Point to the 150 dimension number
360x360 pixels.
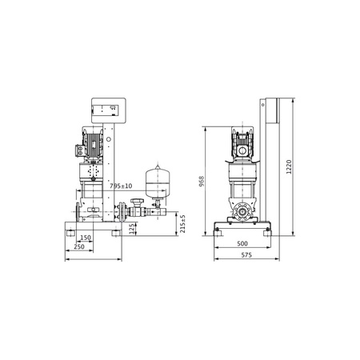85,238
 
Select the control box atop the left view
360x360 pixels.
106,113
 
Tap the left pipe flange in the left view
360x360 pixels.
76,213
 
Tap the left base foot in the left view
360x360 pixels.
73,233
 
